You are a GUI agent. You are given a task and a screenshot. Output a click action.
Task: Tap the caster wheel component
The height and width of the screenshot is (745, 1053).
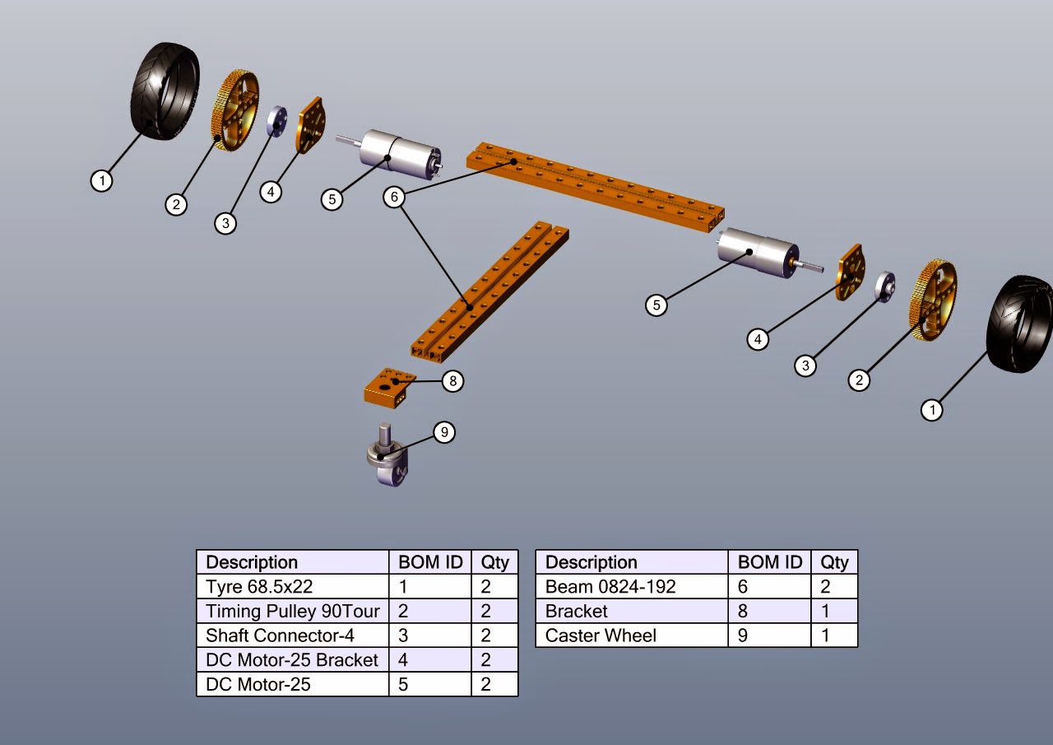[386, 457]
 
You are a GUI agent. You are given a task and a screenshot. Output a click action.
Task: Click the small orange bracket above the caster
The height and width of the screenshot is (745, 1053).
[387, 388]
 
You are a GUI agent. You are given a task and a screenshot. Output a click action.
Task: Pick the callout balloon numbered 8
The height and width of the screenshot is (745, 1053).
[452, 381]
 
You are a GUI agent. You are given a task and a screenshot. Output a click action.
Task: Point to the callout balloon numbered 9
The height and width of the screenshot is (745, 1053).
[443, 432]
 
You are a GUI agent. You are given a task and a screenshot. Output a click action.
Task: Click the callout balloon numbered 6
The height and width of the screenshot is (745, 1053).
[395, 197]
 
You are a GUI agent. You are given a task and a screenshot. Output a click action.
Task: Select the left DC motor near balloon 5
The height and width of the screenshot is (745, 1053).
[399, 154]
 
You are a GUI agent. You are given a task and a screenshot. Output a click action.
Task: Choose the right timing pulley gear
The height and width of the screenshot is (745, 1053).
[932, 300]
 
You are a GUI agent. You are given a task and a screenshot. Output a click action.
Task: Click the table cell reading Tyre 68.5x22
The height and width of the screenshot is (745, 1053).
[292, 587]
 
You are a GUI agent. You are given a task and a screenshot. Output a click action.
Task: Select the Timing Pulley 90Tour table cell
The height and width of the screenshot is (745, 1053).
[292, 611]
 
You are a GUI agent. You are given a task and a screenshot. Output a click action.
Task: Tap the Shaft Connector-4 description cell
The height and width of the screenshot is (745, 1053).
[292, 636]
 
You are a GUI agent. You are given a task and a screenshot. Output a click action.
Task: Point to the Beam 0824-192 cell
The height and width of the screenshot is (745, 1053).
[631, 587]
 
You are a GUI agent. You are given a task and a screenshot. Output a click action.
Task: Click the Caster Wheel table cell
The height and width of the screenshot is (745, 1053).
[631, 636]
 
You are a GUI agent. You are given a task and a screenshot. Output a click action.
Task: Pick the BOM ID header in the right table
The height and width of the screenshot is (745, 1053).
[769, 562]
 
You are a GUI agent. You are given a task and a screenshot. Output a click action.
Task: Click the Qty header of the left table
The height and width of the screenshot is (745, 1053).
[494, 562]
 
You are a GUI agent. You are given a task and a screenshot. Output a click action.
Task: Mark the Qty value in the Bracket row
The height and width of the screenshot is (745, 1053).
[834, 611]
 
